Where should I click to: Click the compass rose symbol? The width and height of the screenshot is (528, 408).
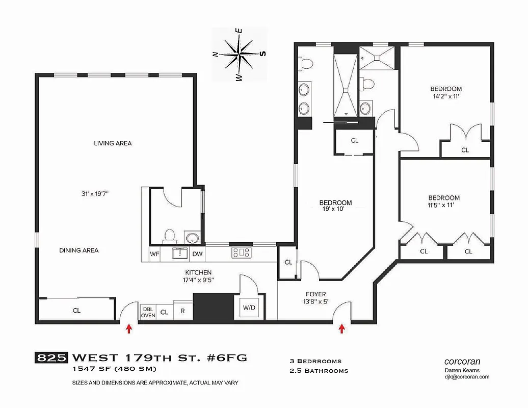pyautogui.click(x=239, y=53)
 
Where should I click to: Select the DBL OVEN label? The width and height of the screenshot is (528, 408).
pyautogui.click(x=148, y=312)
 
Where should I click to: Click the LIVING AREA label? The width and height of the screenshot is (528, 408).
pyautogui.click(x=113, y=143)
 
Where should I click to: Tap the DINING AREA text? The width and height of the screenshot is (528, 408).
pyautogui.click(x=79, y=250)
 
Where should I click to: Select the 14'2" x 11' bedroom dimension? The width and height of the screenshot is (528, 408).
pyautogui.click(x=445, y=96)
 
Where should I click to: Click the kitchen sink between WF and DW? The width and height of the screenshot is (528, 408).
pyautogui.click(x=180, y=253)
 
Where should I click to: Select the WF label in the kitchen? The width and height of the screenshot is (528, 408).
pyautogui.click(x=154, y=253)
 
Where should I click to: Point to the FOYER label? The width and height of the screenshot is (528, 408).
pyautogui.click(x=316, y=294)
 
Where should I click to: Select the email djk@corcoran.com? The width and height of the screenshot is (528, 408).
pyautogui.click(x=466, y=377)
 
